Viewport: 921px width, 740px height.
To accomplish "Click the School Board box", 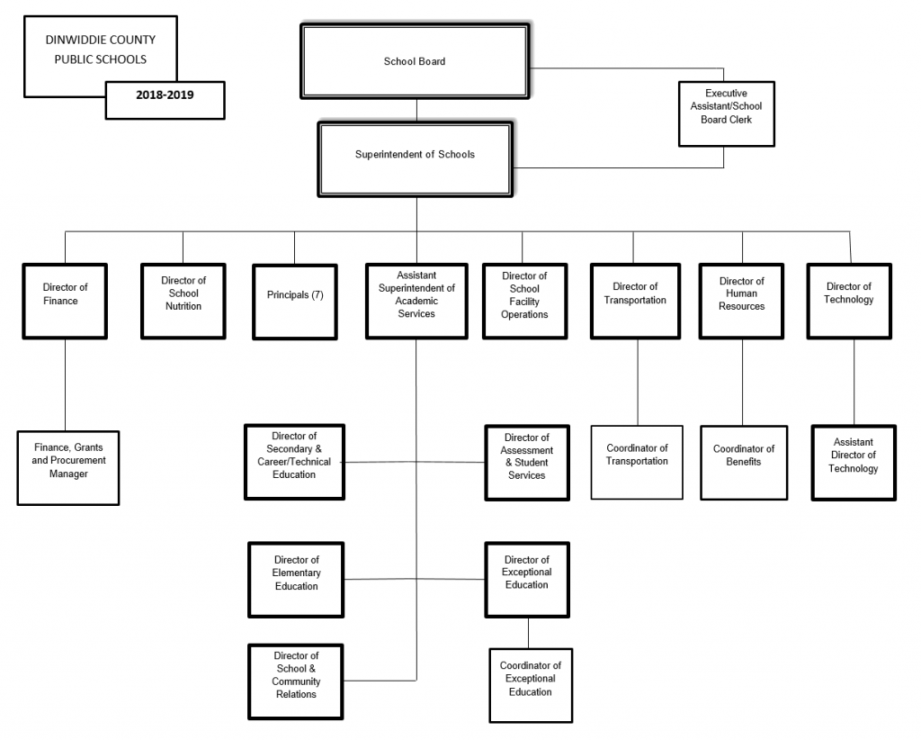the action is [415, 61].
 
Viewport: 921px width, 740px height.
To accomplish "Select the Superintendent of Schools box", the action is [415, 159].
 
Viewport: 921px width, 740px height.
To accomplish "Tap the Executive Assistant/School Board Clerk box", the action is [727, 114].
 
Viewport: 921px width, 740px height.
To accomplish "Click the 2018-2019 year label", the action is [165, 95].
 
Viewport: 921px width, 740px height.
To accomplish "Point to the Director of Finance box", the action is [65, 302].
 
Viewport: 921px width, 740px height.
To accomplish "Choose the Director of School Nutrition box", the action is [183, 302].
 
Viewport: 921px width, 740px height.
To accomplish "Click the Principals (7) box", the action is [295, 302].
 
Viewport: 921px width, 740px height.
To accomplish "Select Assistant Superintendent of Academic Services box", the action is [416, 302].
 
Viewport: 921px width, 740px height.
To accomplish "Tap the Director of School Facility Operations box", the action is [524, 302].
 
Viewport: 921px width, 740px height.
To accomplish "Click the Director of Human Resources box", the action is [741, 302].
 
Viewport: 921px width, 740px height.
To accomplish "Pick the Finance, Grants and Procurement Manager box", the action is [68, 468].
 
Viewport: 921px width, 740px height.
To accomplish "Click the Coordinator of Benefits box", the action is [744, 463].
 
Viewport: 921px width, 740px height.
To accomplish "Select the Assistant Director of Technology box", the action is [854, 463].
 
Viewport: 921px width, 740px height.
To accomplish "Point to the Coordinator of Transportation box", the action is [637, 463].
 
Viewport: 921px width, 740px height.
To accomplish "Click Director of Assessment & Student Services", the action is [527, 463].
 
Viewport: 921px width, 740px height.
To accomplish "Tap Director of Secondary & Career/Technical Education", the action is [294, 462].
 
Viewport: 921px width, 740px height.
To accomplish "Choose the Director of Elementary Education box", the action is [296, 580].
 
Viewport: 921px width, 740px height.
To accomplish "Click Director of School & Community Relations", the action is [295, 681].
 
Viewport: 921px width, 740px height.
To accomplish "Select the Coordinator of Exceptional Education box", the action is [531, 685].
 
